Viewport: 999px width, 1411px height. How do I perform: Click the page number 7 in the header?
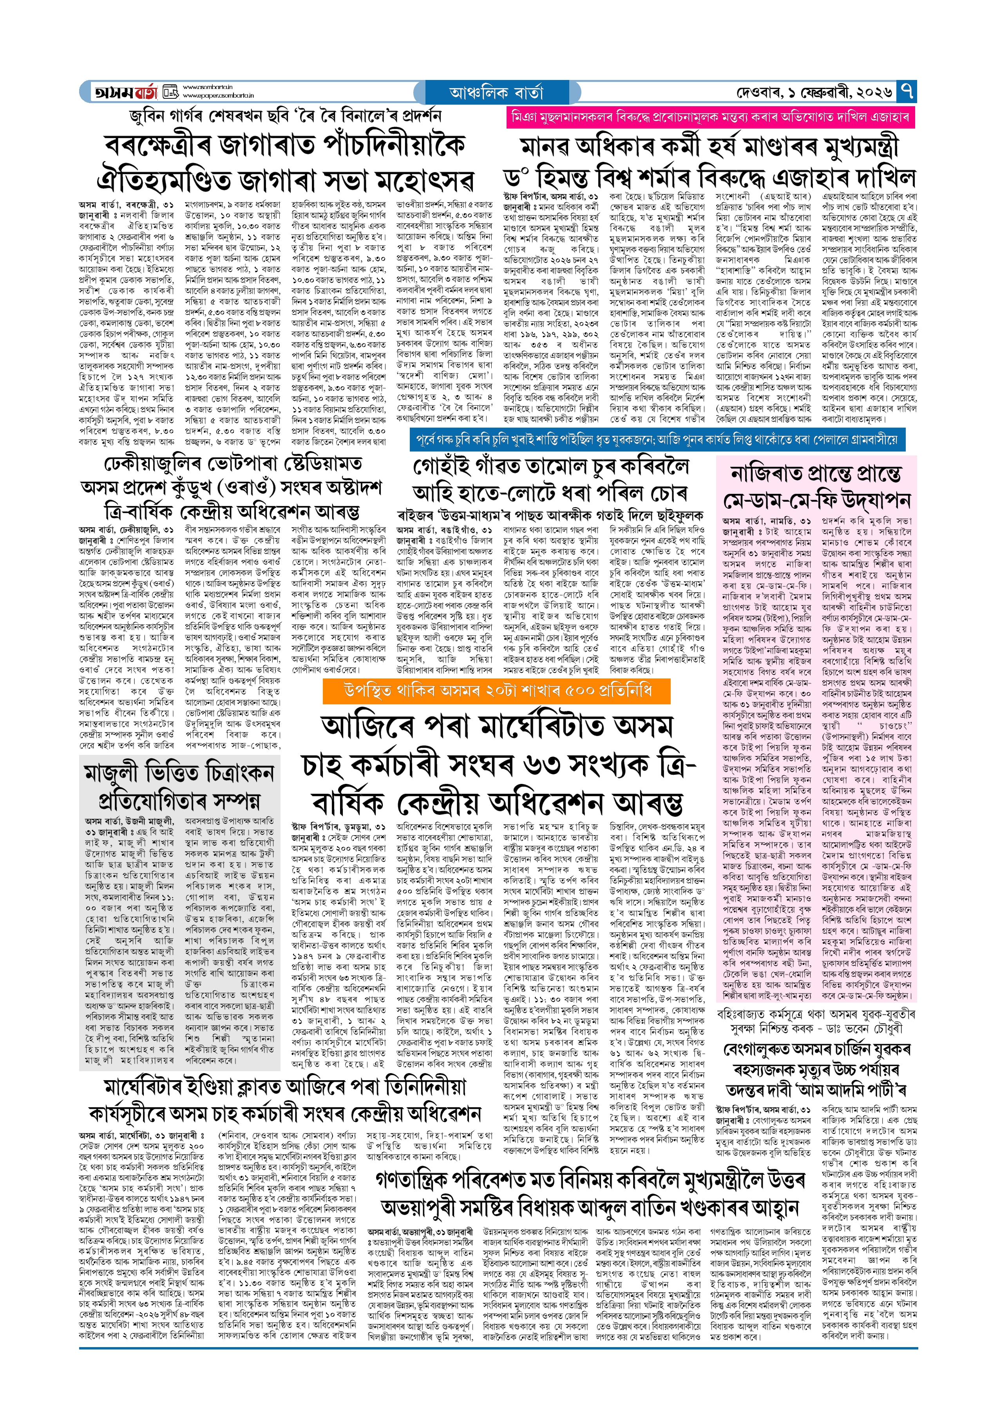click(907, 92)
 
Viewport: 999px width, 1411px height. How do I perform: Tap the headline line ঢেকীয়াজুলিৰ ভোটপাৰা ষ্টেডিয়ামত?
click(233, 463)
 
